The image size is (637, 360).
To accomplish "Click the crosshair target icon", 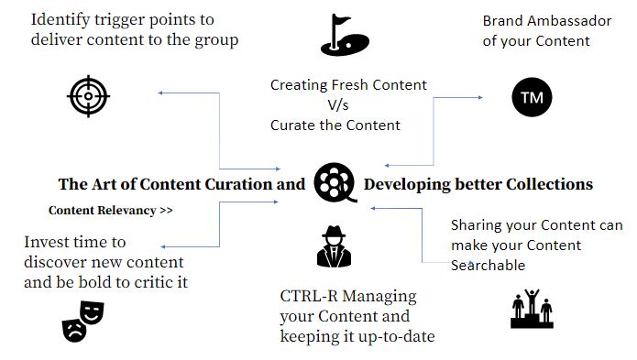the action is tap(88, 96).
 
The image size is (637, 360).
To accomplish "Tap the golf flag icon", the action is tap(345, 35).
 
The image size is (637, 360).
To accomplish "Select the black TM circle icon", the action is tap(532, 97).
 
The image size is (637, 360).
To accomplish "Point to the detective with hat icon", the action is tap(334, 246).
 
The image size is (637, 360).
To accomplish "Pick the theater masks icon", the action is tap(82, 322).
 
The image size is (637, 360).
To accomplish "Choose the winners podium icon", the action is tap(532, 309).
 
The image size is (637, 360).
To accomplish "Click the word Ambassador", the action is tap(569, 21).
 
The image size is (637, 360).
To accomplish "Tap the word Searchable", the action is tap(488, 266).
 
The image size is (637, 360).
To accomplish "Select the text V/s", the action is tap(338, 105).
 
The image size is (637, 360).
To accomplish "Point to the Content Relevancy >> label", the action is tap(111, 211).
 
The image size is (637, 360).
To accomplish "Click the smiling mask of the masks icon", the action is tap(93, 311).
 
